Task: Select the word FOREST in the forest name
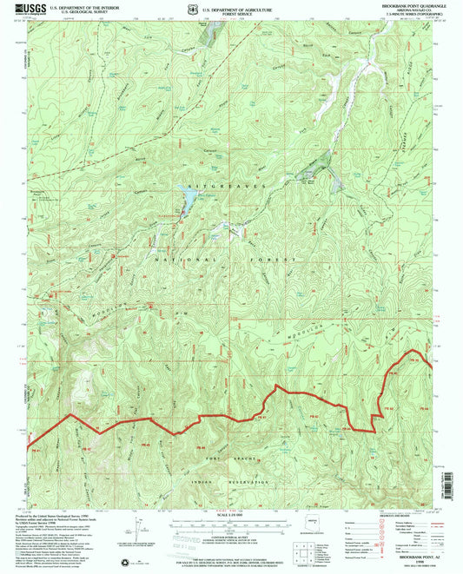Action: [x=275, y=260]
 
